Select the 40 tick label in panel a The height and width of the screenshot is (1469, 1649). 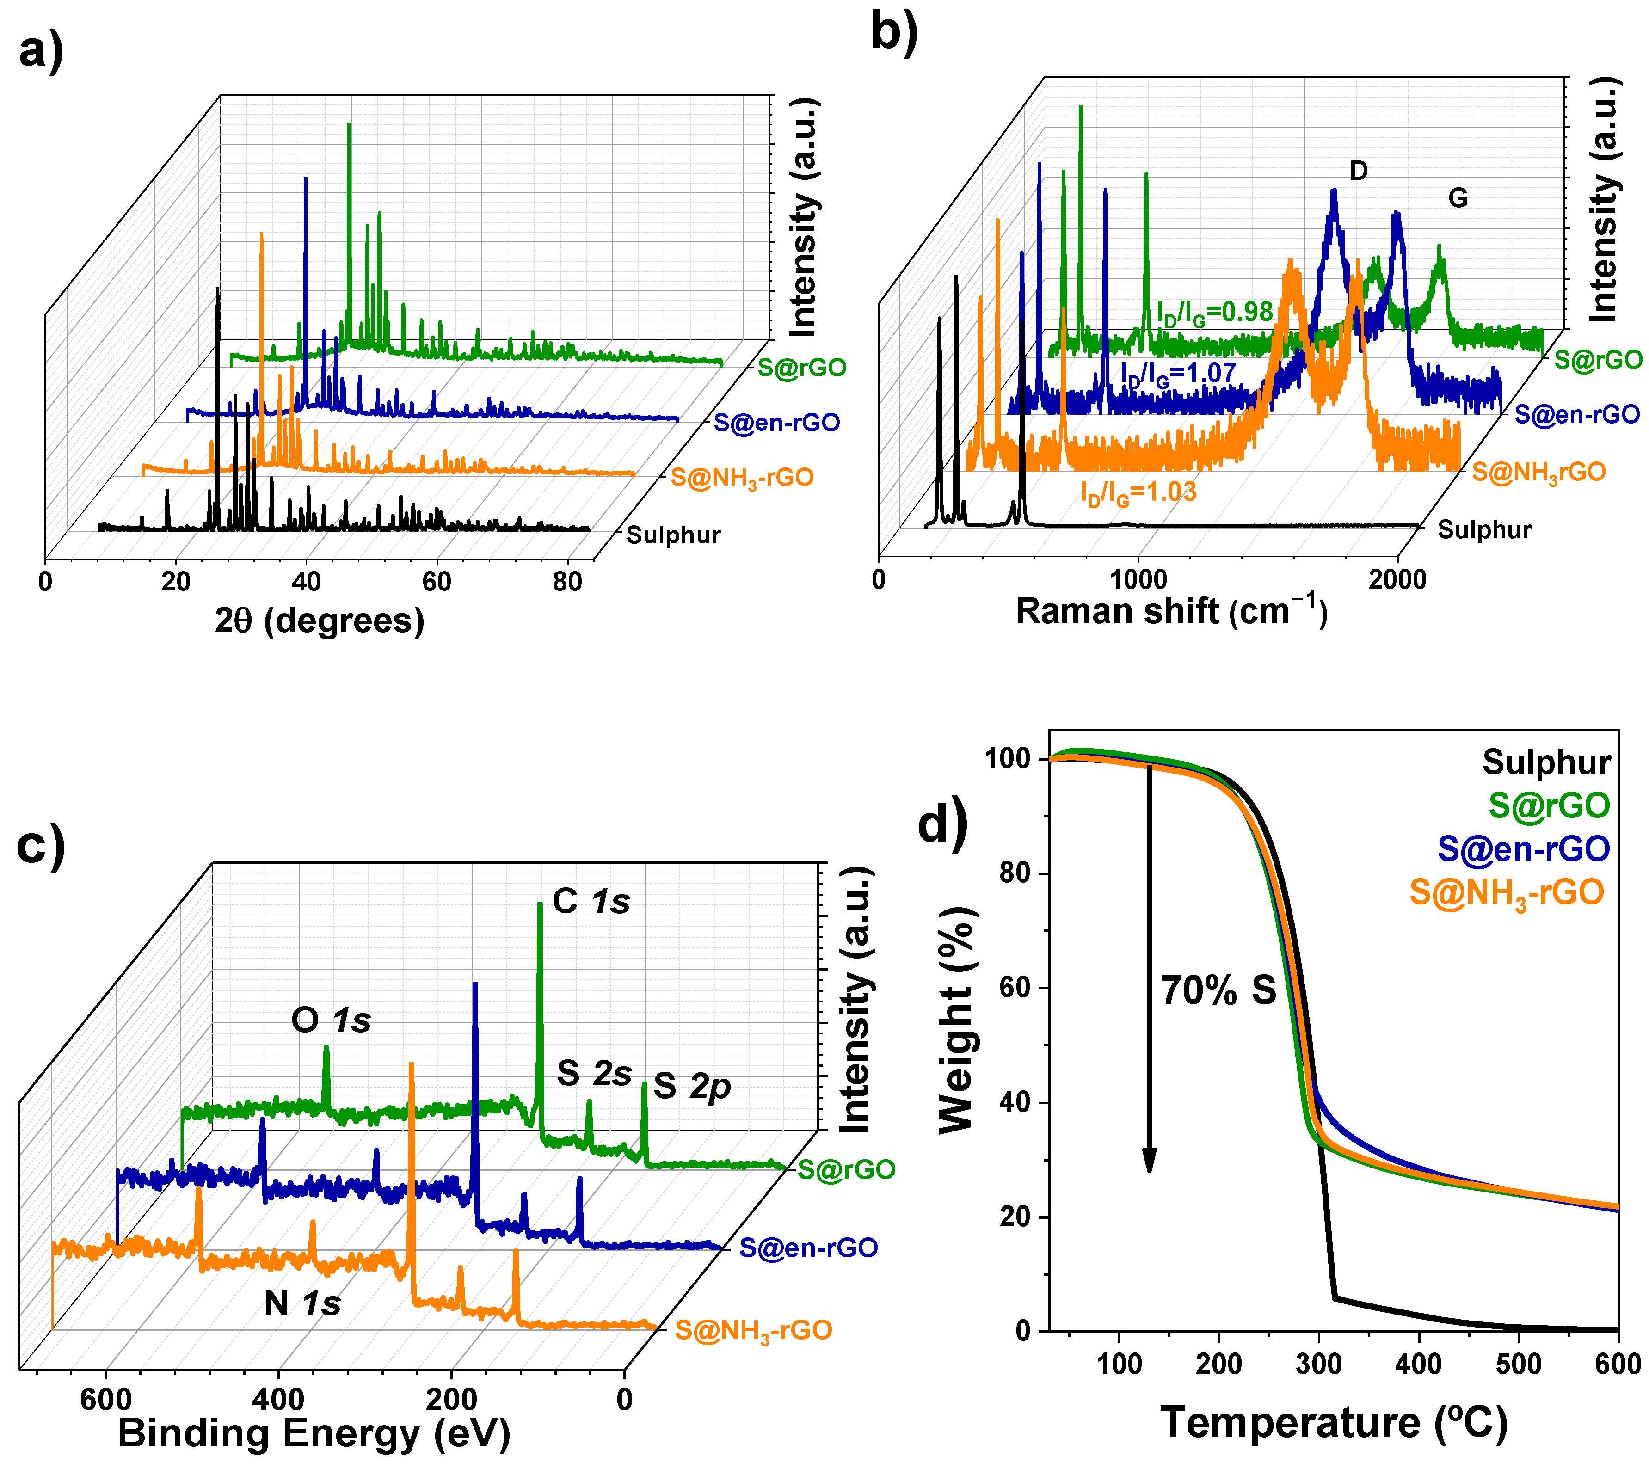coord(306,581)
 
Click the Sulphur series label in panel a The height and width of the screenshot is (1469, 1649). coord(673,535)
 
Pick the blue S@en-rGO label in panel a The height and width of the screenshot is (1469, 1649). coord(776,422)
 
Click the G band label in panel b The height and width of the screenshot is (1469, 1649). coord(1457,198)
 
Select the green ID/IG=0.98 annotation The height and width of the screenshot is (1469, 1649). coord(1215,313)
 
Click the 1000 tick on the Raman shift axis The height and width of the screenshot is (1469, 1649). coord(1138,579)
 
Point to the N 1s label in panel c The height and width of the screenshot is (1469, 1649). coord(302,1303)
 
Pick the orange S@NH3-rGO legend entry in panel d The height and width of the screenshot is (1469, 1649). coord(1506,893)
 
